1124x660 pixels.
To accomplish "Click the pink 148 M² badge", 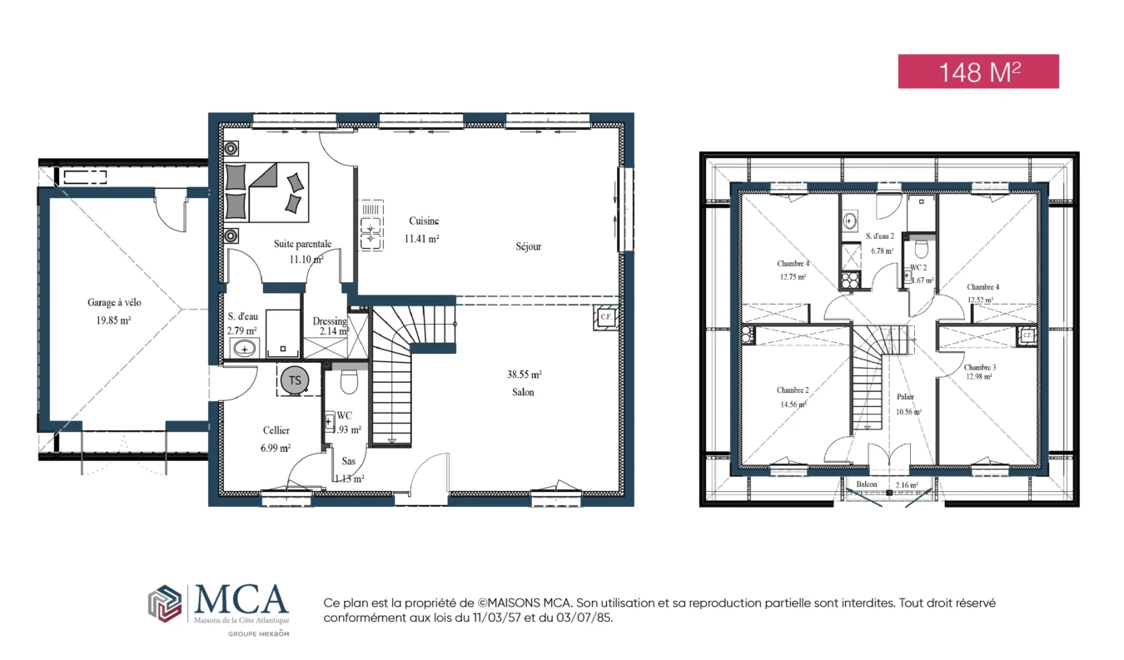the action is point(978,72).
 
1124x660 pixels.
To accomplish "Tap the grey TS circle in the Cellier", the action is point(295,380).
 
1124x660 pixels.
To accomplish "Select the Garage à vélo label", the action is point(114,302).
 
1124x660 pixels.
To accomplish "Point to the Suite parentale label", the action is point(302,244).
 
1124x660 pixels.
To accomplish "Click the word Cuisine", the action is point(424,221).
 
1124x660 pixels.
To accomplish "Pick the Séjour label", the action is point(529,246).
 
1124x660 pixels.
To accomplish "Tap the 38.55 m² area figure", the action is point(525,375).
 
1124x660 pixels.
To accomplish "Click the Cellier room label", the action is point(276,430).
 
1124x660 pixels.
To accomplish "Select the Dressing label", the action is point(330,321).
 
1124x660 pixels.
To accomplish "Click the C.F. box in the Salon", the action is point(606,317).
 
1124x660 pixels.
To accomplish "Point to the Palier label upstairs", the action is point(905,397).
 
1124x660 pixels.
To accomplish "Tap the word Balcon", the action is point(867,484).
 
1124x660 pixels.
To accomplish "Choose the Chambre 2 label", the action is point(793,390).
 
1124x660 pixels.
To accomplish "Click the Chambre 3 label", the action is point(980,368).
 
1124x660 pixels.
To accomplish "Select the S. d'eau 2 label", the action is point(880,236).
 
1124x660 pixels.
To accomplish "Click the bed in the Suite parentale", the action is point(266,192).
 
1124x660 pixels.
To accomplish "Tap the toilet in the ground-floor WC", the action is point(349,382).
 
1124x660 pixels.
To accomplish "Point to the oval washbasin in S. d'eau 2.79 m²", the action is point(245,348).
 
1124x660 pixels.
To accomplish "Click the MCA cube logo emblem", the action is point(165,603).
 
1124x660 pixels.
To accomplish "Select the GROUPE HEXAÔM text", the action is point(259,634).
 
